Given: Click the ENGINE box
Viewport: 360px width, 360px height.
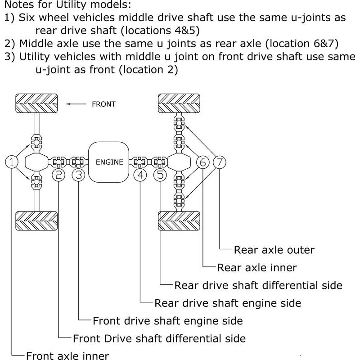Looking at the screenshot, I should click(x=109, y=162).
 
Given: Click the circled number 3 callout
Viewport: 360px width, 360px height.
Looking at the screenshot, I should click(x=79, y=175).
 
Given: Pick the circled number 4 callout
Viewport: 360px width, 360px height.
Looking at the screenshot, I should click(x=141, y=175).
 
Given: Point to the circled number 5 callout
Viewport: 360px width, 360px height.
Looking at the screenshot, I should click(x=161, y=175).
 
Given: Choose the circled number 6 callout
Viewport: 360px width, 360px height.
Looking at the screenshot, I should click(x=203, y=162).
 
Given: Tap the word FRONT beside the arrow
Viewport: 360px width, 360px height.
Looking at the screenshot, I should click(x=103, y=104).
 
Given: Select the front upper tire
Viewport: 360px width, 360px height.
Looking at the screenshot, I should click(x=36, y=103).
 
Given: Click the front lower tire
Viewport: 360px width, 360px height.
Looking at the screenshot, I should click(x=36, y=220).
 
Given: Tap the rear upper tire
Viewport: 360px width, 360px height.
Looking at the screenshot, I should click(x=179, y=103).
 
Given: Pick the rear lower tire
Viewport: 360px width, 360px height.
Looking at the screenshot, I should click(x=179, y=220).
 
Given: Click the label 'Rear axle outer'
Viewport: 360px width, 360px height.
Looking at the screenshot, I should click(x=274, y=249).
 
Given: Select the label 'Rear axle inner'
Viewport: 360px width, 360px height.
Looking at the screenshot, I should click(x=256, y=267).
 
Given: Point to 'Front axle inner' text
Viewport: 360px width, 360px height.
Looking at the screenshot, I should click(x=67, y=356).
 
